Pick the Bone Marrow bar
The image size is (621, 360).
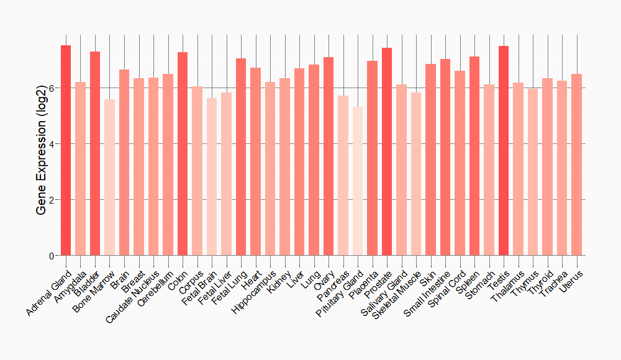click(x=109, y=178)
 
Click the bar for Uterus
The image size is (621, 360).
click(x=577, y=164)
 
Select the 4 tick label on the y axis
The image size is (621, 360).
click(x=52, y=144)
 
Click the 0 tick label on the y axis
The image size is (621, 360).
click(x=52, y=256)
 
